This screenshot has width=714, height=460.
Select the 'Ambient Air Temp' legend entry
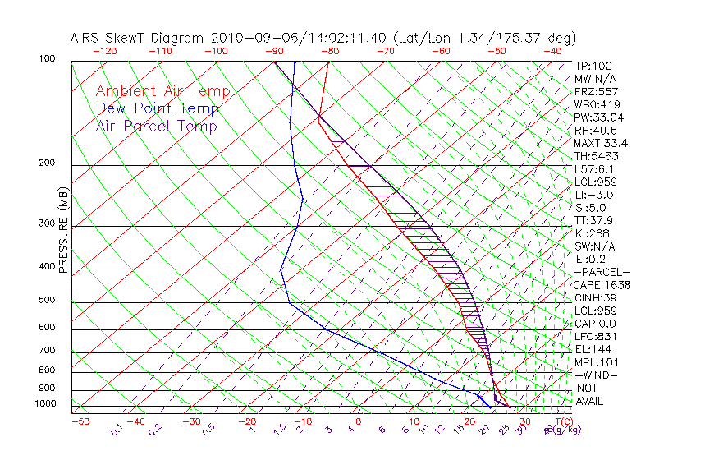162,91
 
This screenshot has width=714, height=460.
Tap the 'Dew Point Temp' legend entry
157,108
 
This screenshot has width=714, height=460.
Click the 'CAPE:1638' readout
602,285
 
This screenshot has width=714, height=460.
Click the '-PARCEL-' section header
602,272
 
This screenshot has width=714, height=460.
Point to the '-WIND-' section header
597,375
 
